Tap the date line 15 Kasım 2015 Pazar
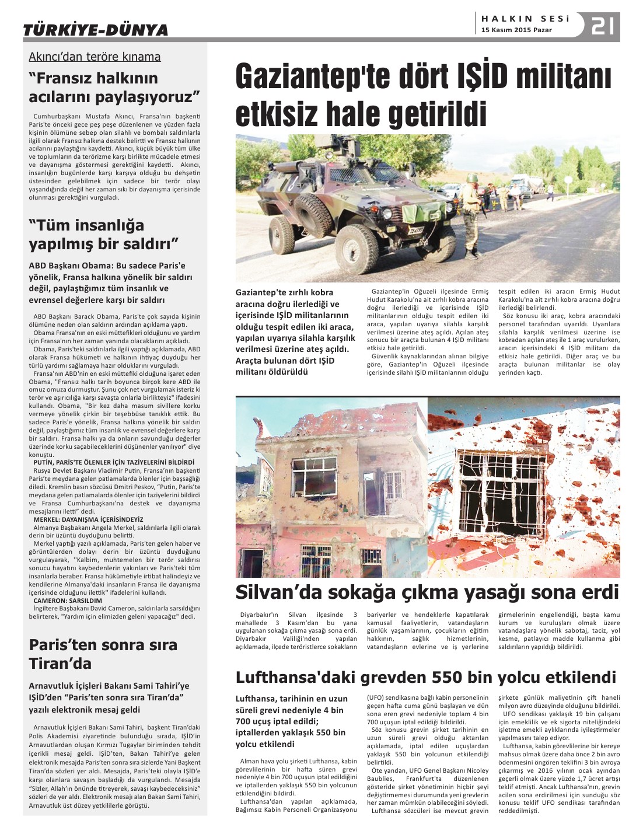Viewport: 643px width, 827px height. coord(516,30)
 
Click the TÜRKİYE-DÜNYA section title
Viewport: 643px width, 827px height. coord(95,30)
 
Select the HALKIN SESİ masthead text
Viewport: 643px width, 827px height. coord(525,19)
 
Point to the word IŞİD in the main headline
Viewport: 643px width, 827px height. coord(464,78)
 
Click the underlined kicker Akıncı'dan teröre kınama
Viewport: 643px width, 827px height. coord(95,57)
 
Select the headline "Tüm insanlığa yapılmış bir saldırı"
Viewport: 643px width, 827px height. coord(103,234)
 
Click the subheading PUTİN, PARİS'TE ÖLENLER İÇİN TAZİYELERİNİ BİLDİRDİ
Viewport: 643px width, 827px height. coord(113,462)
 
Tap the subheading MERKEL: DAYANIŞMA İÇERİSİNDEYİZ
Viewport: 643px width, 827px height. coord(88,519)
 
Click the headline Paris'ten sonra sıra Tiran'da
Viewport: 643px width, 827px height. coord(103,654)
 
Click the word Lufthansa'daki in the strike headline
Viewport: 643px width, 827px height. coord(295,678)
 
